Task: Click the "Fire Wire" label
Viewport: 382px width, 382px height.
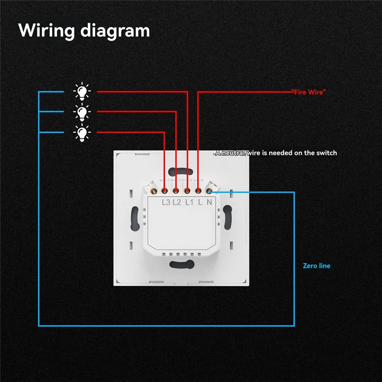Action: pos(308,91)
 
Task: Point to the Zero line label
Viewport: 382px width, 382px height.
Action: pos(316,265)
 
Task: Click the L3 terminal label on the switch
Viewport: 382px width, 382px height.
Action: pos(166,202)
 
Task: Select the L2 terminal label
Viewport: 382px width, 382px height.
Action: pos(177,202)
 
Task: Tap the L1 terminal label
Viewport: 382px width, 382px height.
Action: pos(188,202)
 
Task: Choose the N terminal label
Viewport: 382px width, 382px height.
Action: pos(209,202)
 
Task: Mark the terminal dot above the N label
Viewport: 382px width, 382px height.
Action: pos(209,191)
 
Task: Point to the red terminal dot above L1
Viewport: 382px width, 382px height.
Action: pos(188,191)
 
